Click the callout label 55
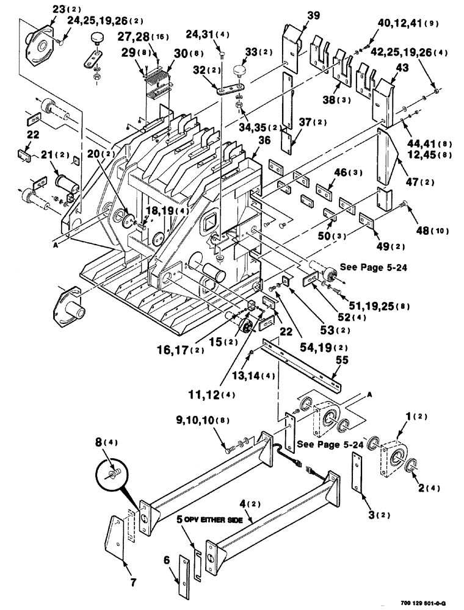pyautogui.click(x=342, y=361)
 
